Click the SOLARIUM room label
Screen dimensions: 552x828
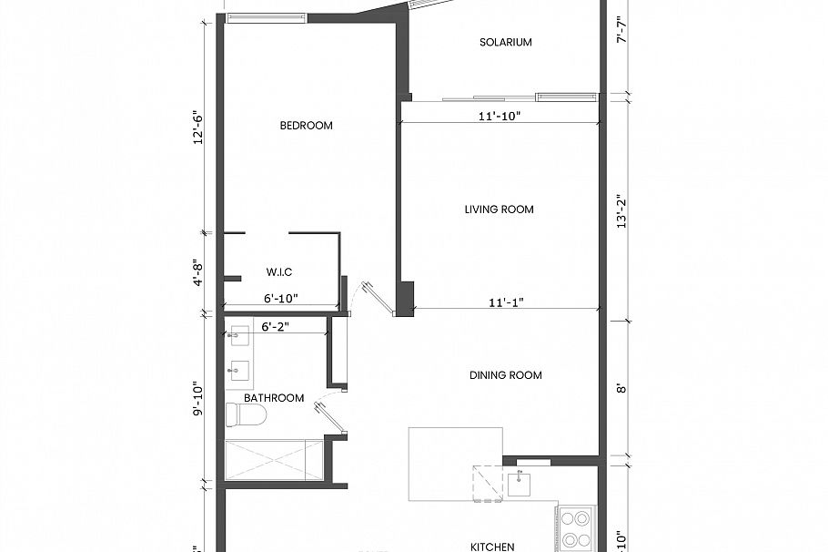(x=505, y=42)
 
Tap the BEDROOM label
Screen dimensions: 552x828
(x=306, y=126)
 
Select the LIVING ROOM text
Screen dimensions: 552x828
(x=499, y=210)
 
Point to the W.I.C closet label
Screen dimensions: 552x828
(x=278, y=272)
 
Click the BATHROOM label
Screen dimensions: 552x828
(x=274, y=398)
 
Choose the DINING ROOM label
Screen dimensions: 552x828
(x=505, y=375)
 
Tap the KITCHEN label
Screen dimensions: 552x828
(x=492, y=547)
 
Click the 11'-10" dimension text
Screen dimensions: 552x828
(x=499, y=115)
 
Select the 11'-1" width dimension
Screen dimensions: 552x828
(x=505, y=301)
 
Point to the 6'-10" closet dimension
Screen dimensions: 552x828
(x=280, y=298)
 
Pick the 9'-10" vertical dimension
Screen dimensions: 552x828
(x=196, y=397)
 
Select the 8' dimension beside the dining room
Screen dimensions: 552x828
(x=621, y=386)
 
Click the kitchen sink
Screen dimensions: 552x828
(x=521, y=483)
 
